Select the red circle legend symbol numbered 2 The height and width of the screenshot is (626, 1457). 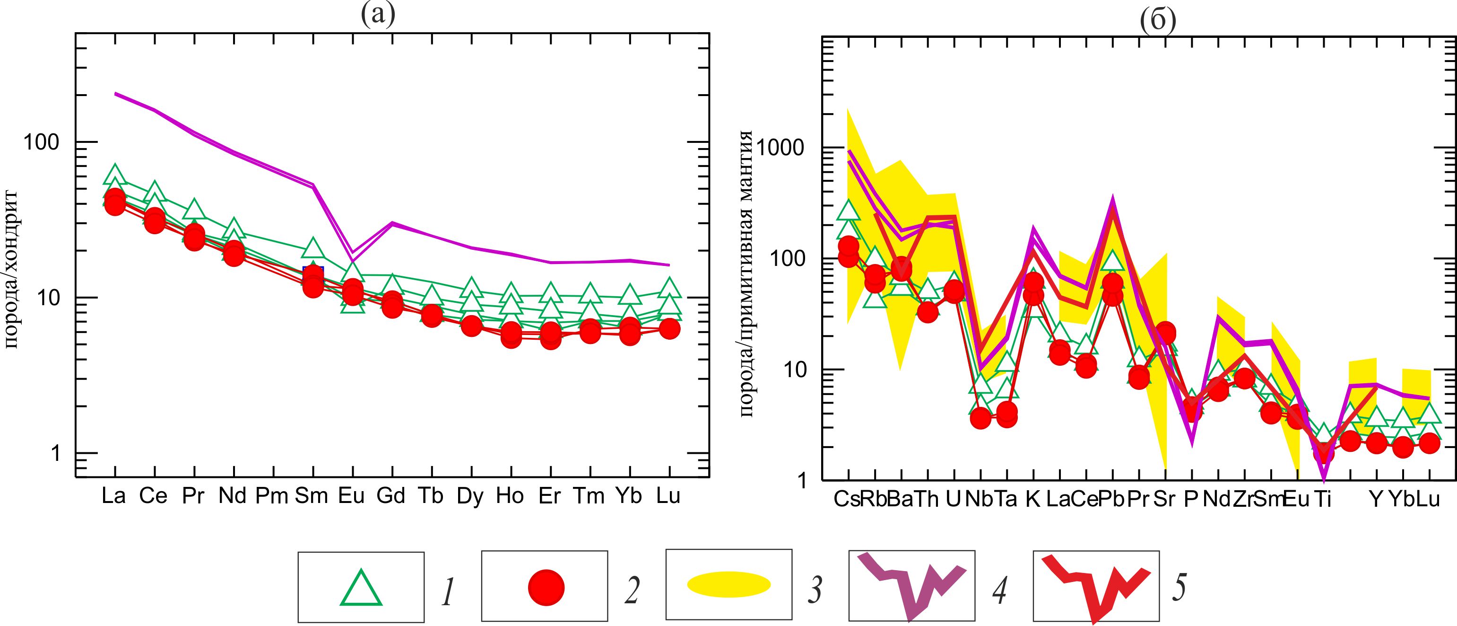tap(546, 588)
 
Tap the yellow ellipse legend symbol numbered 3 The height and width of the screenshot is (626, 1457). tap(728, 585)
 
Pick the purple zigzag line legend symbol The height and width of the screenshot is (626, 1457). tap(911, 589)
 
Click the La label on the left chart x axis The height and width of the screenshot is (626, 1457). tap(114, 496)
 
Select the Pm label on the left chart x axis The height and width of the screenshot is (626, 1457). tap(272, 496)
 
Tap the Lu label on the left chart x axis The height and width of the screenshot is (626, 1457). tap(668, 496)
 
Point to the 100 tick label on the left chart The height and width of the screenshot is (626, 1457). tap(41, 142)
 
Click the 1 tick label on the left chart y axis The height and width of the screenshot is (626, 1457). tap(55, 453)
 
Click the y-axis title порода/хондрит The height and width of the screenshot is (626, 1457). tap(11, 270)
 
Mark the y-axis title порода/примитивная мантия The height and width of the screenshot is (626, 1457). tap(746, 274)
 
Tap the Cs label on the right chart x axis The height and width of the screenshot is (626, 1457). tap(847, 499)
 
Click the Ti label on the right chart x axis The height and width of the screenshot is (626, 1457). tap(1322, 499)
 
